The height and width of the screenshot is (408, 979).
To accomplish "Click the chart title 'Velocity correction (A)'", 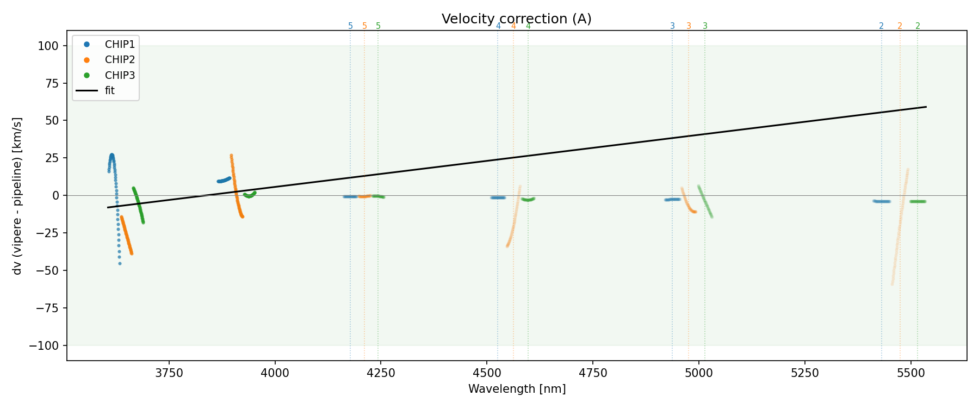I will (516, 19).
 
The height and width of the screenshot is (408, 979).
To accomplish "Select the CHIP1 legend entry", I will (120, 44).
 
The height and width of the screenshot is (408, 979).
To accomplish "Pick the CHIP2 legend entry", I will (120, 60).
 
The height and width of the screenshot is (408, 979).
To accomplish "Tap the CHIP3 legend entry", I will (120, 75).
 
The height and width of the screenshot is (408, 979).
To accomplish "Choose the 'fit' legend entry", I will (110, 91).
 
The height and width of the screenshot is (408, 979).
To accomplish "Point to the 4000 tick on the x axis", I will (275, 373).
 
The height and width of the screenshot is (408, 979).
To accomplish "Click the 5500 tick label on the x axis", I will (910, 373).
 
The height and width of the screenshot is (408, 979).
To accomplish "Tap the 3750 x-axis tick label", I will (169, 373).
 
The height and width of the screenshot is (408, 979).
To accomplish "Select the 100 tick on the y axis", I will (48, 46).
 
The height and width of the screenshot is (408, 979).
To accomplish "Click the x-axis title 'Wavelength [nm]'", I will (517, 389).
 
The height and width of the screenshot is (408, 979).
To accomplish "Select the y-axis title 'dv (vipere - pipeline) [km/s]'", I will (17, 196).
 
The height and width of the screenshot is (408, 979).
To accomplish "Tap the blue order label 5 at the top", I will (350, 26).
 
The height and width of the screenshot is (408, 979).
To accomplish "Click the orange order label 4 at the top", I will (513, 26).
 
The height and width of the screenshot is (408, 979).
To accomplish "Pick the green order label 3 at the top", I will (705, 26).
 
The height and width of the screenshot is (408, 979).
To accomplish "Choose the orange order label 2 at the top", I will (900, 26).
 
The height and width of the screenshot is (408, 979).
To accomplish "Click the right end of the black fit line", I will (926, 107).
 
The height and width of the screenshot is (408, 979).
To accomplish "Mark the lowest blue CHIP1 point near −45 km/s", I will (120, 264).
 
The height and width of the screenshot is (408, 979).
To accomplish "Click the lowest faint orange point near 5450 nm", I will (893, 284).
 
